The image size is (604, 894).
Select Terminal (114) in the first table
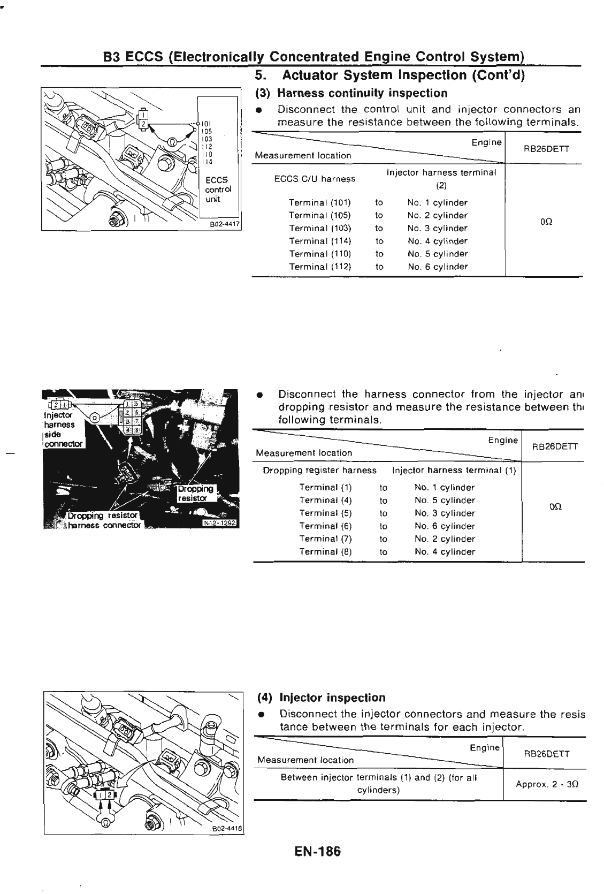pyautogui.click(x=320, y=241)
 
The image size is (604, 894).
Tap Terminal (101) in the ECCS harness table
pyautogui.click(x=320, y=203)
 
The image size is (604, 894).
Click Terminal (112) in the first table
pyautogui.click(x=320, y=267)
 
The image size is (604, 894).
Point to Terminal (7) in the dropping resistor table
pyautogui.click(x=325, y=539)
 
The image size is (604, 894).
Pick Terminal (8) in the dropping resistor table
pyautogui.click(x=325, y=552)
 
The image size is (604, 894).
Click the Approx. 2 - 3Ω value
pyautogui.click(x=546, y=784)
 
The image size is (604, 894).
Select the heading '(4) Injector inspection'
pyautogui.click(x=321, y=698)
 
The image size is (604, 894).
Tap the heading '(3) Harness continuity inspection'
pyautogui.click(x=351, y=93)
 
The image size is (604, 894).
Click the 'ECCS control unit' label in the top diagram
pyautogui.click(x=218, y=190)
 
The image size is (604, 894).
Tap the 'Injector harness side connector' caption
pyautogui.click(x=60, y=429)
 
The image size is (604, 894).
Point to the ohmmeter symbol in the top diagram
pyautogui.click(x=172, y=142)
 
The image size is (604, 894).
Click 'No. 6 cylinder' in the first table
pyautogui.click(x=437, y=267)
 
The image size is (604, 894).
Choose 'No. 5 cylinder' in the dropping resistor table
pyautogui.click(x=445, y=501)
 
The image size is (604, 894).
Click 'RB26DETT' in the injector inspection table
pyautogui.click(x=546, y=754)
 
